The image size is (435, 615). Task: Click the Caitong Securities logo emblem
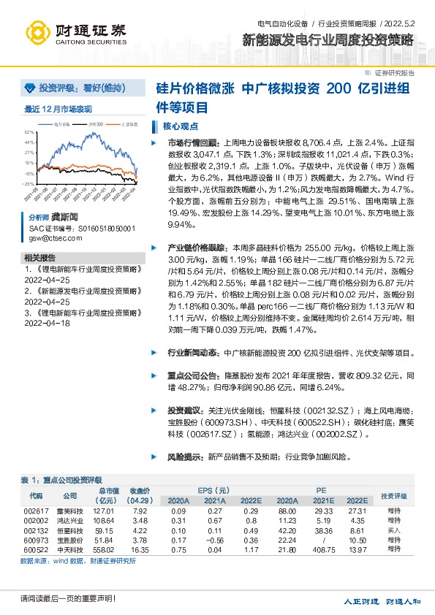click(x=38, y=32)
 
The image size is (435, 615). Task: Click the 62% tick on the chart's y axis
click(x=29, y=132)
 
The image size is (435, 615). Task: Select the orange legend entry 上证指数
click(x=129, y=125)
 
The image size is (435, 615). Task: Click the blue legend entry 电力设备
click(x=63, y=125)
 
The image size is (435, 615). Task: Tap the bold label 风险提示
click(x=185, y=457)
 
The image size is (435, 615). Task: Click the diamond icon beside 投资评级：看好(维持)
click(x=29, y=88)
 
